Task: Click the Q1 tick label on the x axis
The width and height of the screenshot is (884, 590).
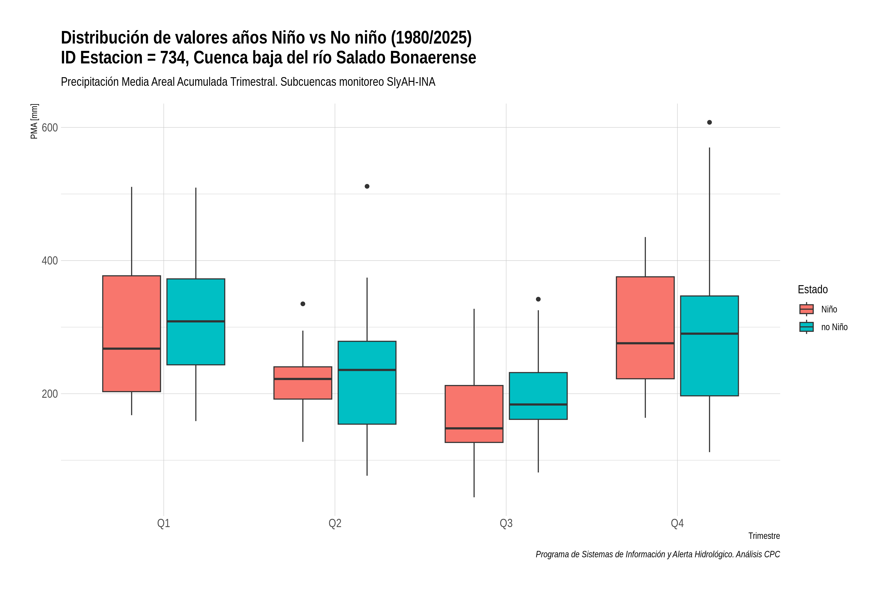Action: click(164, 523)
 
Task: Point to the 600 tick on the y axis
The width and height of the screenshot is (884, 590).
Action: click(50, 128)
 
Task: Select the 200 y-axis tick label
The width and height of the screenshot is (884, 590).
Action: click(50, 394)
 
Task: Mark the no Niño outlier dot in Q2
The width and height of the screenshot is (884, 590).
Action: click(367, 186)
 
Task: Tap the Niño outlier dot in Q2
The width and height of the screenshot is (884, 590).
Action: click(303, 304)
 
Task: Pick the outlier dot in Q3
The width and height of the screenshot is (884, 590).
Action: click(538, 299)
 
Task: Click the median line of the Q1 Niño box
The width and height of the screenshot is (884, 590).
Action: click(132, 349)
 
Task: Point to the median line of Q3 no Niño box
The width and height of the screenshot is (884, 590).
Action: click(538, 404)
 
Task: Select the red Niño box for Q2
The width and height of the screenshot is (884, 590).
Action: click(303, 383)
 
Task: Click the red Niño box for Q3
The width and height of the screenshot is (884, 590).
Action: click(474, 414)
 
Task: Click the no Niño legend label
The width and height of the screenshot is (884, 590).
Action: click(834, 327)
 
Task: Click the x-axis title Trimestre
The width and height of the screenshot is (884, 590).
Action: click(764, 536)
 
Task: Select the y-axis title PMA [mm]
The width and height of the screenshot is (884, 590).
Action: click(34, 121)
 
